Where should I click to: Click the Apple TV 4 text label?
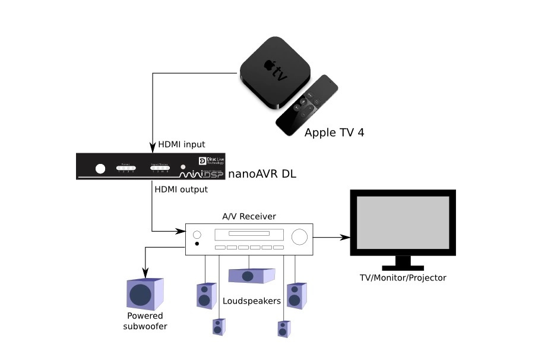point(334,132)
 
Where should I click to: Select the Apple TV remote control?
point(307,105)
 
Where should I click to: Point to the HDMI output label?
point(181,190)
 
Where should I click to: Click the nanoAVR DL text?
point(261,174)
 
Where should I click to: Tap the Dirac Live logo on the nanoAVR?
point(211,163)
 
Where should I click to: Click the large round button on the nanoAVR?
point(100,168)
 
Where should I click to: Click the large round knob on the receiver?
point(300,236)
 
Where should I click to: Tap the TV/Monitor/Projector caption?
point(403,277)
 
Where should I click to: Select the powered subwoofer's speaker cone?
point(141,295)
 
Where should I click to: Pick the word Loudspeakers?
point(251,301)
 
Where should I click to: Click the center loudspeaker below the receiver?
point(251,275)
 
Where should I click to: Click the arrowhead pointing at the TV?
point(345,237)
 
